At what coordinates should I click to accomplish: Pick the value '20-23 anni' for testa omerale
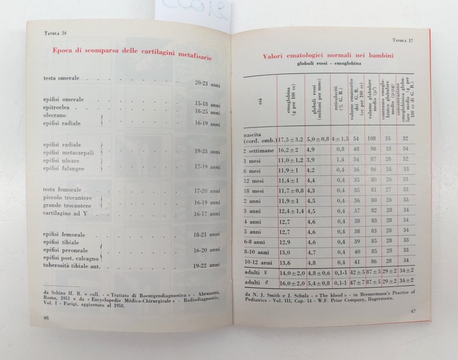tap(207, 84)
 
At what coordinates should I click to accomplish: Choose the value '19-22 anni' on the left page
tap(206, 263)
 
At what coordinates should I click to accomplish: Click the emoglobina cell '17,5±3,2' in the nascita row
tap(288, 139)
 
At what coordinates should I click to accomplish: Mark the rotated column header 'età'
tap(261, 103)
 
